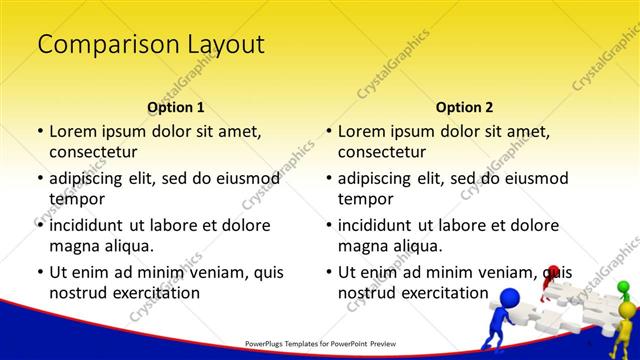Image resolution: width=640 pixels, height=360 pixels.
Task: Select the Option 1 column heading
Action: point(176,107)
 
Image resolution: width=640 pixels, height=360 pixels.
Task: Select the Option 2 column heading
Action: point(464,107)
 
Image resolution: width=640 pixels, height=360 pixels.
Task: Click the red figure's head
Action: point(552,272)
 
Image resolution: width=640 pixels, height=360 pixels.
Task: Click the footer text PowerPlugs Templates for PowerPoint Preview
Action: point(319,342)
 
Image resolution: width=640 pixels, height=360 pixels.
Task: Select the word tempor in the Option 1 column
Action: point(76,199)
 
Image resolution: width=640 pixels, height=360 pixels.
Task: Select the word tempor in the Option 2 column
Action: point(365,199)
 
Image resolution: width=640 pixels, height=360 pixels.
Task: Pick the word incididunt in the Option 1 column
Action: point(86,225)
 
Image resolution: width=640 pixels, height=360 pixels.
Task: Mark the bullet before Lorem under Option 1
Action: point(39,131)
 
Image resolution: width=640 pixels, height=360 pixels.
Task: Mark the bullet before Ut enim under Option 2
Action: point(328,272)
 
